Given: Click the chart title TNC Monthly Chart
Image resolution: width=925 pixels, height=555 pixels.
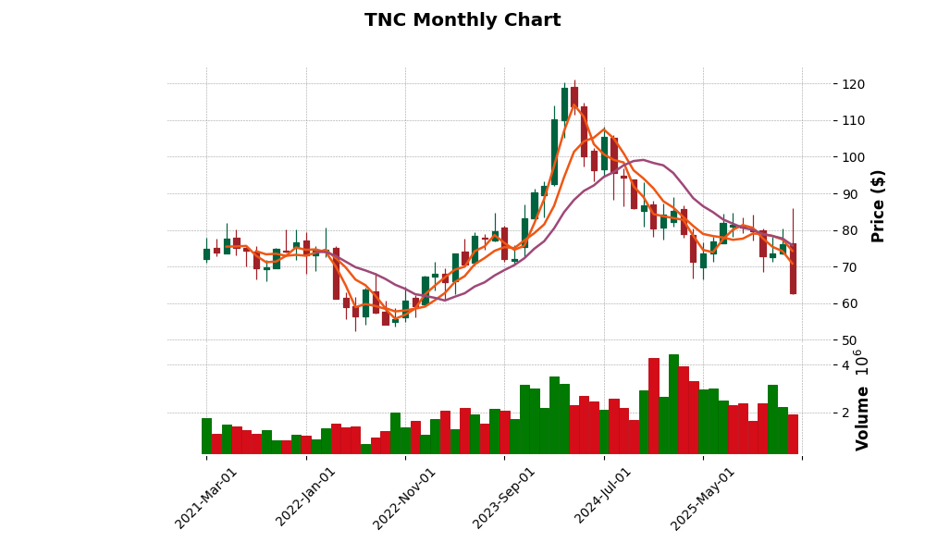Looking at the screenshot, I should (462, 20).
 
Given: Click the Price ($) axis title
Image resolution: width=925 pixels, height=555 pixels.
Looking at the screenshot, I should (878, 205).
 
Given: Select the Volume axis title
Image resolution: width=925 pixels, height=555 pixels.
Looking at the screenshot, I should (863, 418).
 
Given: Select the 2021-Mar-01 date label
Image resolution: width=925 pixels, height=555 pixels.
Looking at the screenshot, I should (206, 498).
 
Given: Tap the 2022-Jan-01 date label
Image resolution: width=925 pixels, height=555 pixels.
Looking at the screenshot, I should (306, 498).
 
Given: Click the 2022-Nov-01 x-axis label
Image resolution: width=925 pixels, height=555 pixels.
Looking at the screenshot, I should (405, 498).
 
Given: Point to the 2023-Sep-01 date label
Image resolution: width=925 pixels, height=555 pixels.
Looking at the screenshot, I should (504, 498).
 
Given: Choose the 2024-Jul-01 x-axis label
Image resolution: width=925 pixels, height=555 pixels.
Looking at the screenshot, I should (604, 498).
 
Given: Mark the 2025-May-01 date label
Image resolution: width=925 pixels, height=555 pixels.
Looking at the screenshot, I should (703, 498).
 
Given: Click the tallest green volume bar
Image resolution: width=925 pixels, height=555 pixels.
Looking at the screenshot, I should (673, 404).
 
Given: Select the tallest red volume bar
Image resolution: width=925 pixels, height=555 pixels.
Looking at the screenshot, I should (654, 406).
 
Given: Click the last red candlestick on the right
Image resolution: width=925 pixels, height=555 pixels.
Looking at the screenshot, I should (793, 268).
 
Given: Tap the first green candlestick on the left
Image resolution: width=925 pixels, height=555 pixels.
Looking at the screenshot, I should (206, 254).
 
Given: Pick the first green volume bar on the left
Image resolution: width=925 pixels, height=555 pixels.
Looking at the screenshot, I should (206, 436).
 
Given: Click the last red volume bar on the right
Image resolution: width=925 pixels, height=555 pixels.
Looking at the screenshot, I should (793, 434).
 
